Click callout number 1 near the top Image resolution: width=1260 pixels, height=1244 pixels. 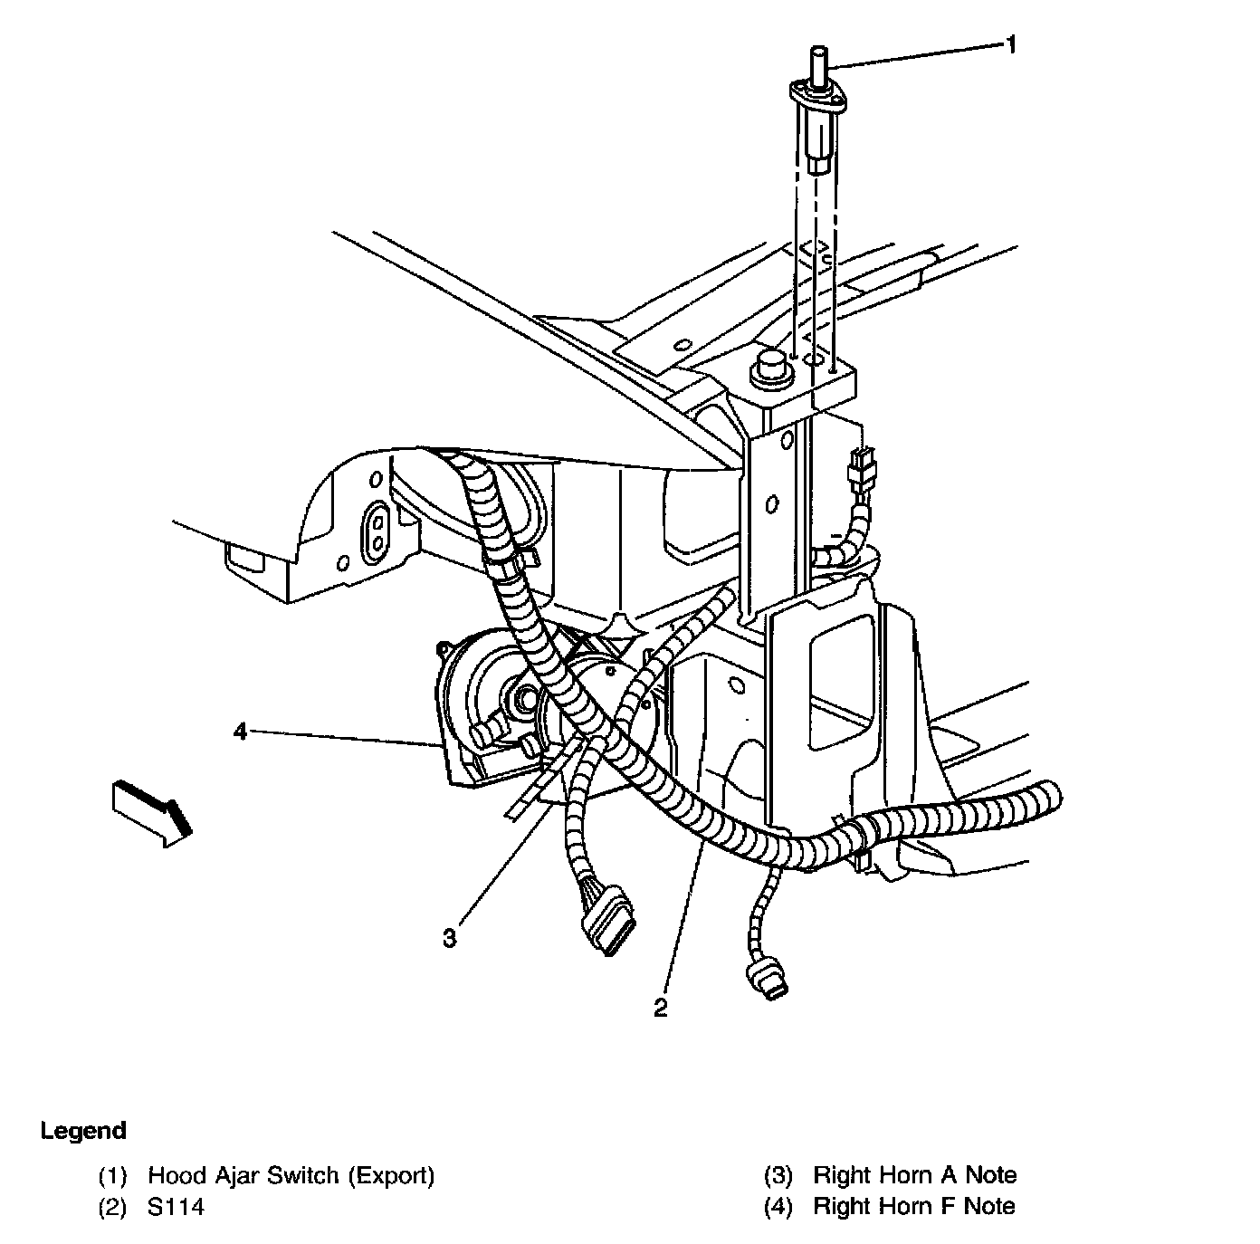coord(1012,43)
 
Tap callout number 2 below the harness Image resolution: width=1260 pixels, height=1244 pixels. coord(662,1008)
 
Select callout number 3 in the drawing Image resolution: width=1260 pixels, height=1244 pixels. coord(450,938)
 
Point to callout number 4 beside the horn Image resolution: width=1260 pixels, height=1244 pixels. coord(240,731)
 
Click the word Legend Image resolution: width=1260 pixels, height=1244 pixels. coord(83,1131)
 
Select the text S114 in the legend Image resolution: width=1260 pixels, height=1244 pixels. coord(177,1206)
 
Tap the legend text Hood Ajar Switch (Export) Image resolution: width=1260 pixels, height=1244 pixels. coord(291,1175)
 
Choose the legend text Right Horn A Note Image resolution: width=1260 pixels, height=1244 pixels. coord(915,1175)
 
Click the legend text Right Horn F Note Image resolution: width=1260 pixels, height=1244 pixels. coord(914,1206)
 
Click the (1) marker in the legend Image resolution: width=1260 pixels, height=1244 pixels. coord(113,1176)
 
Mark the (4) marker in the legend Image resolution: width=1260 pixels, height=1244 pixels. coord(778,1206)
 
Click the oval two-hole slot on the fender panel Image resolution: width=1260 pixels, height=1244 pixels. coord(375,530)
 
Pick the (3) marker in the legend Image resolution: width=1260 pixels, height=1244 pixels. coord(778,1176)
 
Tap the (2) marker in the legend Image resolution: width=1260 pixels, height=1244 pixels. coord(113,1206)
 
